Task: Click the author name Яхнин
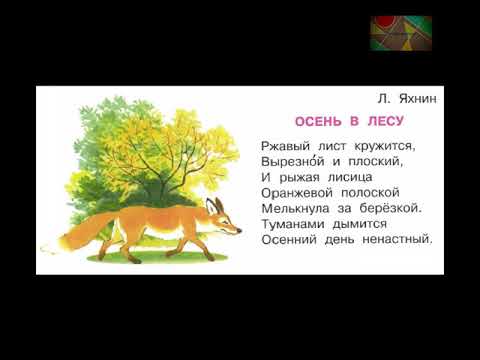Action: click(x=414, y=99)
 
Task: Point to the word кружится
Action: click(x=378, y=145)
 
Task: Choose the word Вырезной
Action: click(x=290, y=161)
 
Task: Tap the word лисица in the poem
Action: click(x=346, y=177)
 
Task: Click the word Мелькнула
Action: click(x=295, y=209)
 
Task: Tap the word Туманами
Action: click(x=293, y=225)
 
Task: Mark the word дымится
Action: click(x=359, y=225)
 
